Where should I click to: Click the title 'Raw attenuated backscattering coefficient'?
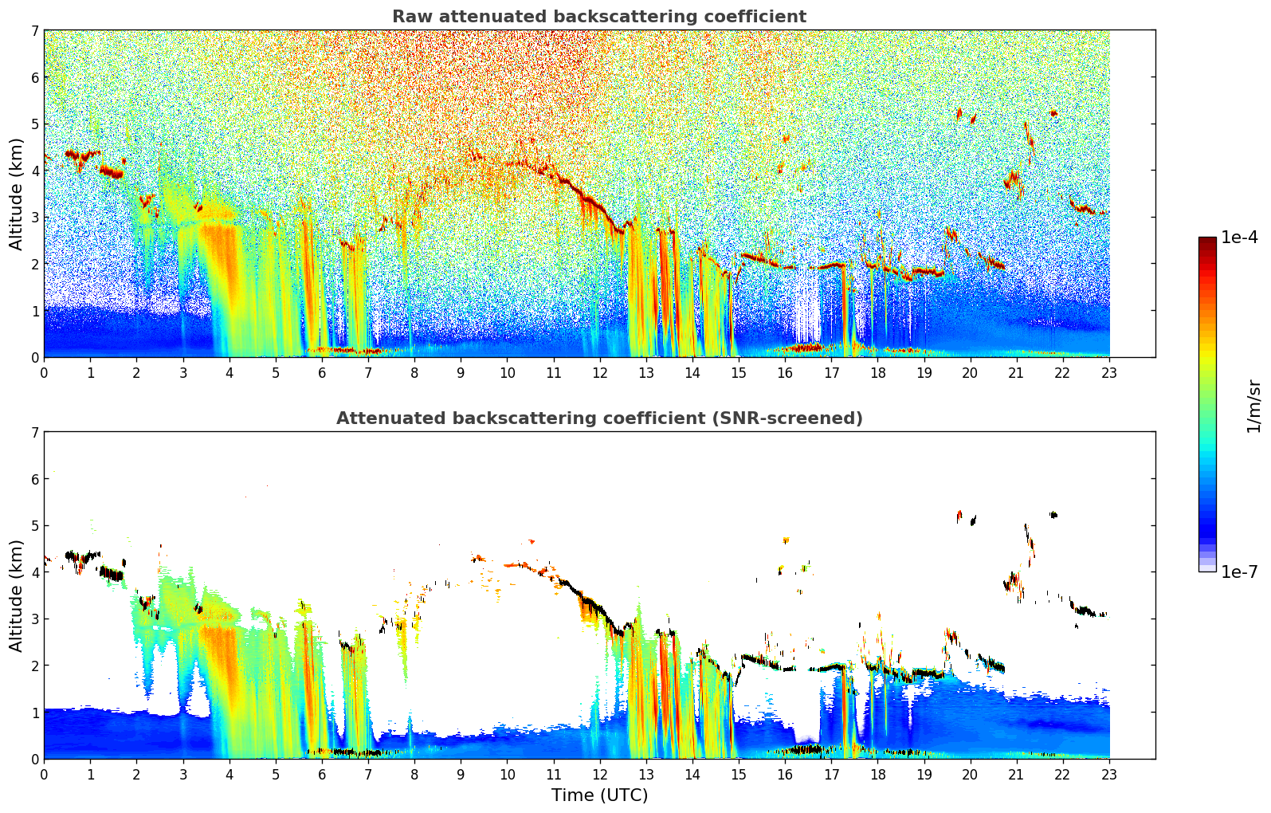[x=598, y=17]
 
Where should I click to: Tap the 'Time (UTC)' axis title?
[x=599, y=795]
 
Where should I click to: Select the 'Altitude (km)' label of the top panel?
[x=17, y=194]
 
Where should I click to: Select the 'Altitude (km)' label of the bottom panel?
[x=17, y=595]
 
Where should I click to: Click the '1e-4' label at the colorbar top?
[x=1239, y=238]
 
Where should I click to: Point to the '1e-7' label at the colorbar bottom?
[x=1239, y=571]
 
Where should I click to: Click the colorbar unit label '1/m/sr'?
[x=1253, y=406]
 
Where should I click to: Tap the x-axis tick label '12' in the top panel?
[x=599, y=373]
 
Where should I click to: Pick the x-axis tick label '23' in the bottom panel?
[x=1109, y=775]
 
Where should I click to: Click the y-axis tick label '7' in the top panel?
[x=34, y=31]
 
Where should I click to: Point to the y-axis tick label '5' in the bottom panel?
[x=34, y=526]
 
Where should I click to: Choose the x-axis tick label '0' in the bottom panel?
[x=44, y=775]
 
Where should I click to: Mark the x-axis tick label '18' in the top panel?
[x=877, y=373]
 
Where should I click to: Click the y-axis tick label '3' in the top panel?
[x=34, y=218]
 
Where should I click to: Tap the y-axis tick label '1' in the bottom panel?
[x=34, y=713]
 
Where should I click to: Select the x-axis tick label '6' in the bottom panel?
[x=322, y=775]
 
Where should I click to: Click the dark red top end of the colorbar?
[x=1207, y=240]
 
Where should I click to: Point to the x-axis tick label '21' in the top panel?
[x=1017, y=373]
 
